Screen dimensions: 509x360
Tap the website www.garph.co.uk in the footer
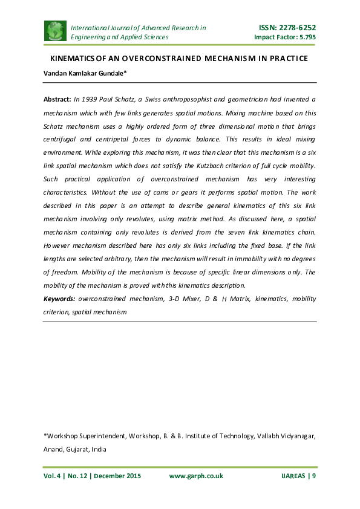pyautogui.click(x=196, y=476)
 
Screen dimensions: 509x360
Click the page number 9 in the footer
pyautogui.click(x=314, y=476)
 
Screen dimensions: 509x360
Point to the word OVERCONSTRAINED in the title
pyautogui.click(x=157, y=59)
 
